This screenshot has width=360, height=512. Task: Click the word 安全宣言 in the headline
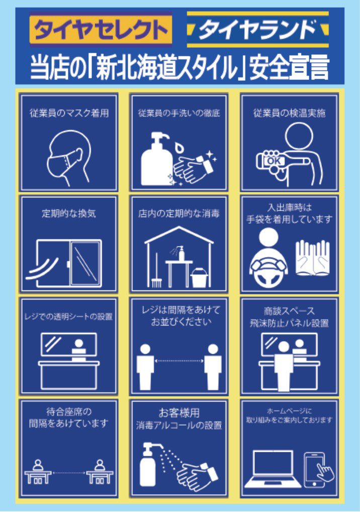tap(289, 68)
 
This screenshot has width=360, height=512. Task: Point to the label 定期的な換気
tap(68, 214)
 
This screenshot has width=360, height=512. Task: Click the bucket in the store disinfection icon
tap(200, 278)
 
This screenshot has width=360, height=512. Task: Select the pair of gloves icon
tap(313, 257)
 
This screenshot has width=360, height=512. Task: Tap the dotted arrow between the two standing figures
tap(178, 361)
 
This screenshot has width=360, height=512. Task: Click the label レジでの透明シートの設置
tap(68, 317)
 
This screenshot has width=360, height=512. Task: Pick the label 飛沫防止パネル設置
tap(289, 323)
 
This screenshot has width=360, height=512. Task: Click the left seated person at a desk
tap(38, 472)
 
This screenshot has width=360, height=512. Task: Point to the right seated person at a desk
tap(100, 472)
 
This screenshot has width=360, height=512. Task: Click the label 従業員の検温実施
tap(290, 113)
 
